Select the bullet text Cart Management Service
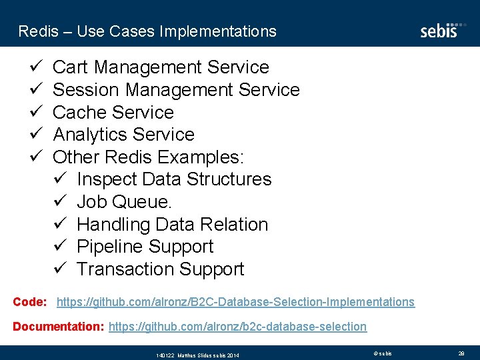coord(161,67)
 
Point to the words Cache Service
coord(113,112)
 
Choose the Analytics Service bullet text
coord(123,135)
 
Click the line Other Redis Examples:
coord(149,157)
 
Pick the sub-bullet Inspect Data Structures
coord(174,179)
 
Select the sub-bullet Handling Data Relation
coord(172,225)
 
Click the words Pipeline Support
coord(145,247)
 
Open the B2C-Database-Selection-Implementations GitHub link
coord(235,302)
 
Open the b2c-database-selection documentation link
coord(237,327)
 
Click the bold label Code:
coord(30,302)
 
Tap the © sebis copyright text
coord(382,353)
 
